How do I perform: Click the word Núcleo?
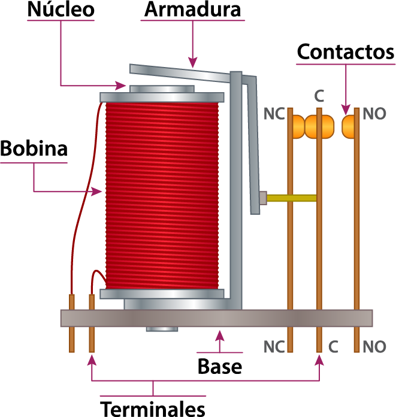61,10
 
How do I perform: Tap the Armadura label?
192,10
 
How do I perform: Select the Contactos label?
346,52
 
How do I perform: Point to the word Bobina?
34,148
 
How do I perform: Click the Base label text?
220,367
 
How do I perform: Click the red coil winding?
162,196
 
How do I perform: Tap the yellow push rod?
291,198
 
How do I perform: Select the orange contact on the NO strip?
348,127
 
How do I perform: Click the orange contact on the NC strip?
299,127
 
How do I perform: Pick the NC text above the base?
274,114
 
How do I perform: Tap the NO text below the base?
374,346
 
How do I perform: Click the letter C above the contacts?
319,96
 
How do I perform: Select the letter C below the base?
333,346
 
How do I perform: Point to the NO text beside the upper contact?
374,114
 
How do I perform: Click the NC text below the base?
274,346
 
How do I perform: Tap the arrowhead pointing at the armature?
193,62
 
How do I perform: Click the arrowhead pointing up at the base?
220,335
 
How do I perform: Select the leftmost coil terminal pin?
72,323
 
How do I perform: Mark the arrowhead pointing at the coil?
96,191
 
